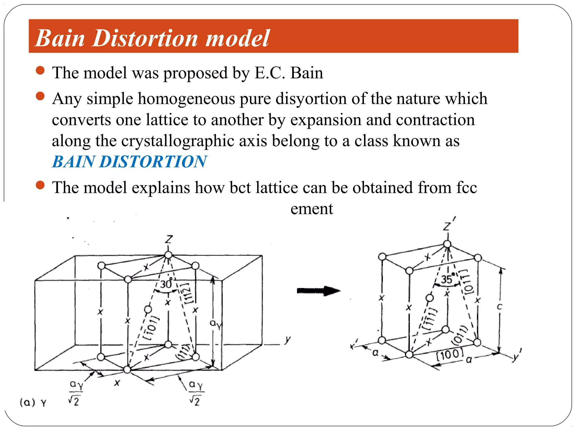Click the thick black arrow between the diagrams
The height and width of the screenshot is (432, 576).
click(x=318, y=291)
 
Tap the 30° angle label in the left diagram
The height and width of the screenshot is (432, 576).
click(x=166, y=284)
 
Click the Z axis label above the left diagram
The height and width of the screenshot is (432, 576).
click(x=168, y=240)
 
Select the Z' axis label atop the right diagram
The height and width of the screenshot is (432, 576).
click(x=449, y=224)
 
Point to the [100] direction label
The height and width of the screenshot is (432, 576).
click(x=449, y=354)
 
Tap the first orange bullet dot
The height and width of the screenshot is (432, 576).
click(x=40, y=70)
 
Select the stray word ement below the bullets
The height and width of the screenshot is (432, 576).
click(x=312, y=209)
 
